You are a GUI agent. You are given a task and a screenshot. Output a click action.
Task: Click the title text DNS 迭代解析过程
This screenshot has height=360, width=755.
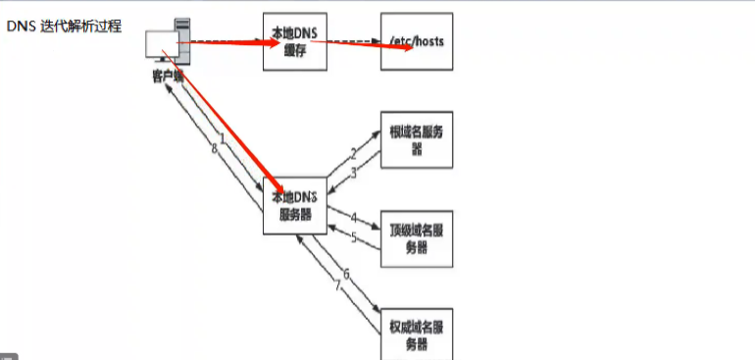coord(64,26)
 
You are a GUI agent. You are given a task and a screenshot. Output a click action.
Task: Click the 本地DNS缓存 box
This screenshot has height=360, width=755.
coord(294,41)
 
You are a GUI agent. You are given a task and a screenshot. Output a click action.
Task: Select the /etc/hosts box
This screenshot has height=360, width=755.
coord(417,41)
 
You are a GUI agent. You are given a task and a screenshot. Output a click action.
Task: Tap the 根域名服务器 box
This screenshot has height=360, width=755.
coord(417,140)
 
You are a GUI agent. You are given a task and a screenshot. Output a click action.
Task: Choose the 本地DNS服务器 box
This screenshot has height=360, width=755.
coord(294,204)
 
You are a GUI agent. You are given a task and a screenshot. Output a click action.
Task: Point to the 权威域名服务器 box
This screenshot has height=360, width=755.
coord(417,333)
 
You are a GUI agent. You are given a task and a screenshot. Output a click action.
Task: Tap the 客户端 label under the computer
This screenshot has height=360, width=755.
coord(168,77)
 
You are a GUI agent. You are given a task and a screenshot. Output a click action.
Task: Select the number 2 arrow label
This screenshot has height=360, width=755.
coord(353,153)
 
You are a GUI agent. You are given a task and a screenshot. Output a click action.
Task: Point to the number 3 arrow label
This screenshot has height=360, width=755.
coord(353,171)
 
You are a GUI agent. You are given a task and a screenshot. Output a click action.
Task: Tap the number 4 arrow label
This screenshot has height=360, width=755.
coord(353,218)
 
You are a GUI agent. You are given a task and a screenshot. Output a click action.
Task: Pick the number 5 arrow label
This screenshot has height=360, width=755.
coord(353,236)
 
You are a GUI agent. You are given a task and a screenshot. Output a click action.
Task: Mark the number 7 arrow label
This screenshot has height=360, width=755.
coord(337,286)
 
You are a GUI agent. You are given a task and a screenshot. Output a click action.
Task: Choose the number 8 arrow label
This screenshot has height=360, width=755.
coord(213,149)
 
